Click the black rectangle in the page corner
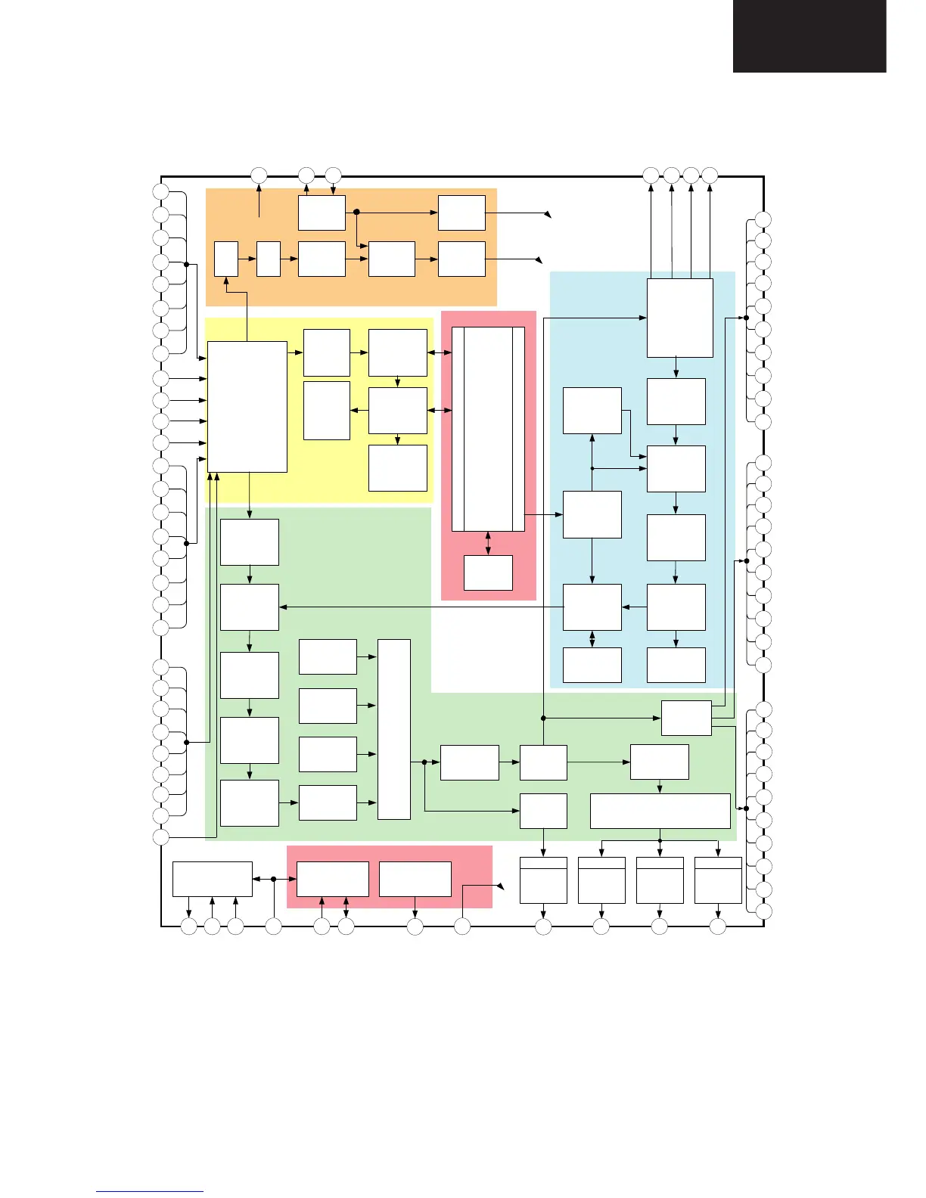(x=809, y=36)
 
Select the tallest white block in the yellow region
(x=247, y=406)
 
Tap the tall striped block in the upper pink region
(x=488, y=429)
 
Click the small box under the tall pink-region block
(x=488, y=573)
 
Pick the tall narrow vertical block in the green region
(x=393, y=729)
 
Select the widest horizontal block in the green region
(x=660, y=811)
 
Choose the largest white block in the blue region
(x=679, y=318)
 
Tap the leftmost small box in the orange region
(x=225, y=259)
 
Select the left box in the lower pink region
(x=332, y=879)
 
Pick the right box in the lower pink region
(x=415, y=879)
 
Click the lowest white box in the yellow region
(x=397, y=468)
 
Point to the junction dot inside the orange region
(x=356, y=213)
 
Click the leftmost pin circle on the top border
(x=259, y=175)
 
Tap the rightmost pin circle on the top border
(x=710, y=175)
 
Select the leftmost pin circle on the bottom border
(x=189, y=926)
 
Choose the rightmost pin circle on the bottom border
(x=717, y=926)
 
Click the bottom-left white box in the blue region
(x=592, y=665)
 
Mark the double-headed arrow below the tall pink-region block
(x=488, y=543)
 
